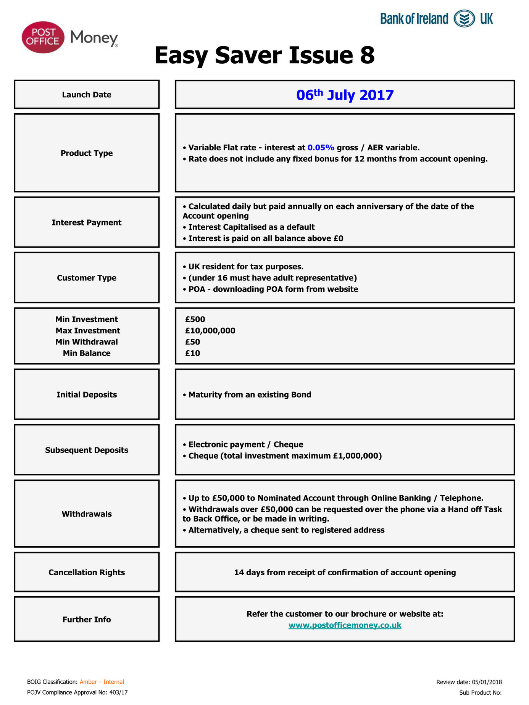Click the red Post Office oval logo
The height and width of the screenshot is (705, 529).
click(x=43, y=37)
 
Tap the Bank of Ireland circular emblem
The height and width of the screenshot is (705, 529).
click(x=464, y=19)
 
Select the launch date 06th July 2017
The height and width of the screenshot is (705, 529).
click(x=345, y=95)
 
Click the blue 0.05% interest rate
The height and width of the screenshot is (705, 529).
click(x=321, y=148)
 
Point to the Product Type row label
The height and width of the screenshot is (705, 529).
click(x=87, y=153)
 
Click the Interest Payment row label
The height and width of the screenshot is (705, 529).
click(x=87, y=222)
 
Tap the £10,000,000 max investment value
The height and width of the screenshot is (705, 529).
click(x=210, y=330)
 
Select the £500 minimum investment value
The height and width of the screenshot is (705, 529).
click(x=195, y=319)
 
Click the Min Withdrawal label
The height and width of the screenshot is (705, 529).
click(x=87, y=342)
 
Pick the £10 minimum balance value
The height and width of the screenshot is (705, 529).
click(x=193, y=353)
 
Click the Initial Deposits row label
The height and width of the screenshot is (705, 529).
click(x=87, y=394)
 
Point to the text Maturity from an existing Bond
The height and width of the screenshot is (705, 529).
click(x=250, y=394)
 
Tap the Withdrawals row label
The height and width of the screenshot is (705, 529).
click(x=87, y=514)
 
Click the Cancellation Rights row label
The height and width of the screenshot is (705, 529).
click(x=87, y=572)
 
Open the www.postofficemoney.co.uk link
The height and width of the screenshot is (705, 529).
click(x=345, y=625)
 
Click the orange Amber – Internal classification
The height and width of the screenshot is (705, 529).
click(x=102, y=682)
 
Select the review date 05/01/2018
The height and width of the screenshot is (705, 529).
click(x=487, y=682)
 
